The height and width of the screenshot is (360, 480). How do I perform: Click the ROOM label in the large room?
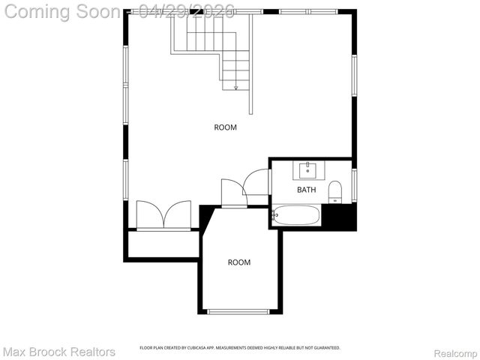click(x=225, y=127)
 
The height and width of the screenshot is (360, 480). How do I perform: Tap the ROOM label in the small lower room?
click(x=239, y=262)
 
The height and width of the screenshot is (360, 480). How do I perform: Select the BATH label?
click(x=307, y=190)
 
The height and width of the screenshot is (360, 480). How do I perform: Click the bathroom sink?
click(x=307, y=170)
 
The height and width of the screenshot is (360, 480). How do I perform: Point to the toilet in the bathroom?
click(x=334, y=191)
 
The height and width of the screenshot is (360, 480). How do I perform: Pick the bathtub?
click(x=296, y=216)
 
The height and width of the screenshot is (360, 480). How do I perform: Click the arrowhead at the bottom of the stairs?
click(x=236, y=88)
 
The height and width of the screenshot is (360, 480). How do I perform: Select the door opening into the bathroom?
click(x=256, y=182)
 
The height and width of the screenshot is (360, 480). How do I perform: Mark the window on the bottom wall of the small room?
click(x=239, y=312)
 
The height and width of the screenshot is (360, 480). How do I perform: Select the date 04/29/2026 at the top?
click(x=187, y=10)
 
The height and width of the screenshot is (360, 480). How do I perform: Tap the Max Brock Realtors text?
click(x=59, y=352)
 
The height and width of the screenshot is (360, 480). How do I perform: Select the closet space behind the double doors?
click(x=162, y=244)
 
